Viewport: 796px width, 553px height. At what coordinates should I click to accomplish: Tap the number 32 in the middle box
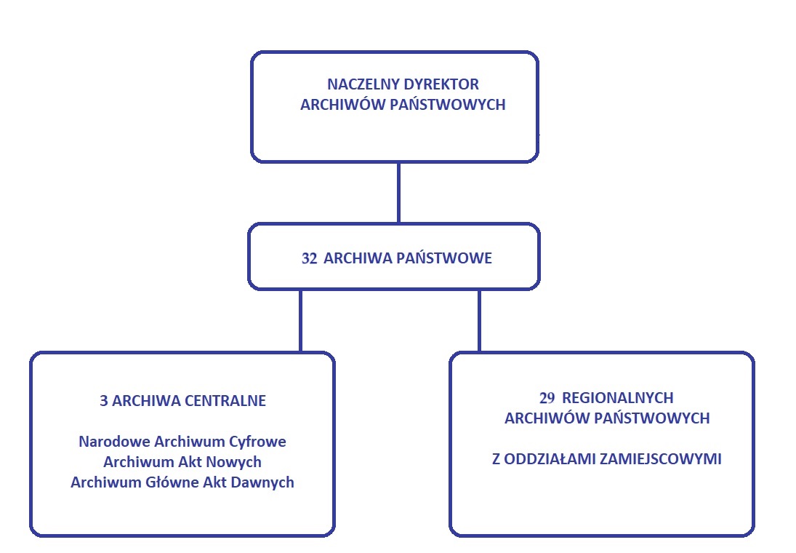309,258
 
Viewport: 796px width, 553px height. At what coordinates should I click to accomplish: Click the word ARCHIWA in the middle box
358,258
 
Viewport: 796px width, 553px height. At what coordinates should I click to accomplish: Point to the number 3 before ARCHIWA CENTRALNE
103,400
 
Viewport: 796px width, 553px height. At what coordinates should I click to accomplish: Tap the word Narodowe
114,441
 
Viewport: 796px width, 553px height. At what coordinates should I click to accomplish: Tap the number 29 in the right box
547,397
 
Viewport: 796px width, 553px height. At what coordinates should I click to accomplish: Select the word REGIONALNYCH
618,397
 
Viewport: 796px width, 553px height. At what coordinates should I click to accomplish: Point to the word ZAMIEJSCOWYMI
661,459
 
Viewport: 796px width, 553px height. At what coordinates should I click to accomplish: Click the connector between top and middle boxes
398,193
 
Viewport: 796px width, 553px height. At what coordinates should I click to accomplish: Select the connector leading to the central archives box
300,321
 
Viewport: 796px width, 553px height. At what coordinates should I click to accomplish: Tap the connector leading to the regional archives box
479,321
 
